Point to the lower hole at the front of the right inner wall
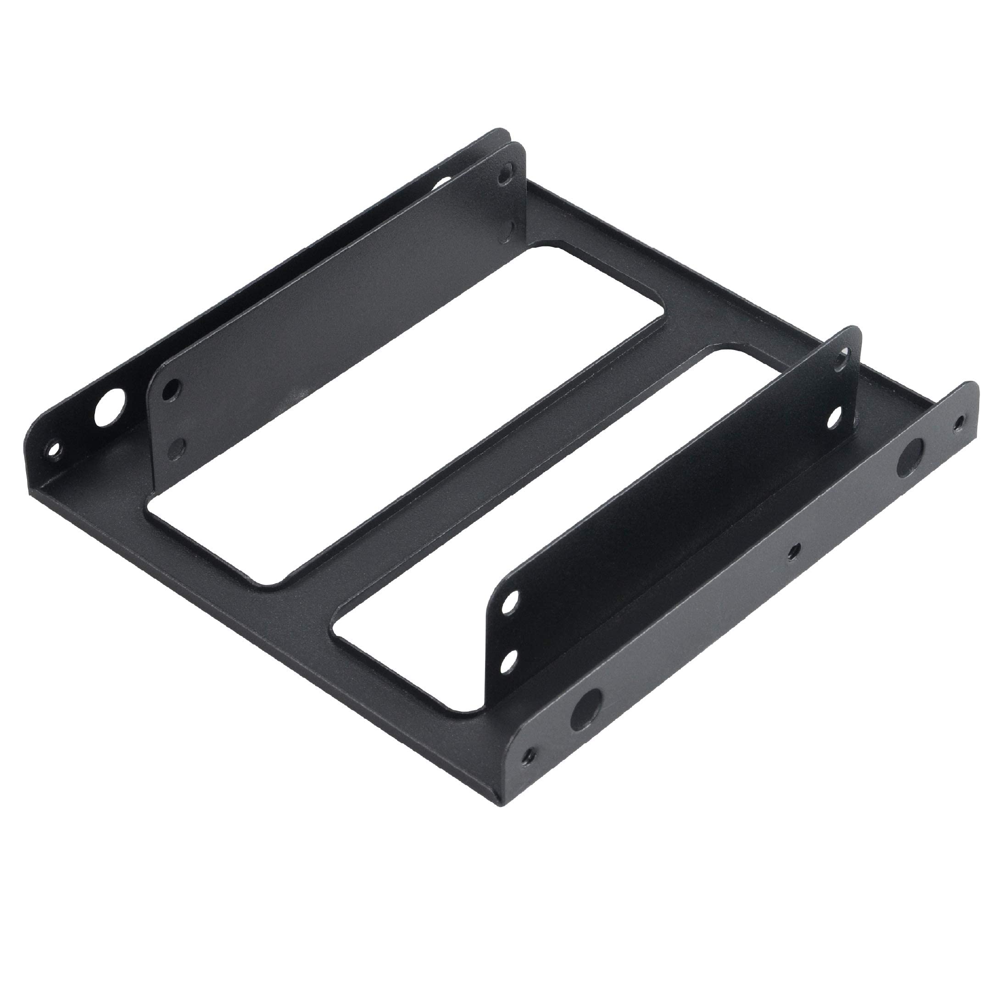point(509,660)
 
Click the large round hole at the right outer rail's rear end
point(909,457)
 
